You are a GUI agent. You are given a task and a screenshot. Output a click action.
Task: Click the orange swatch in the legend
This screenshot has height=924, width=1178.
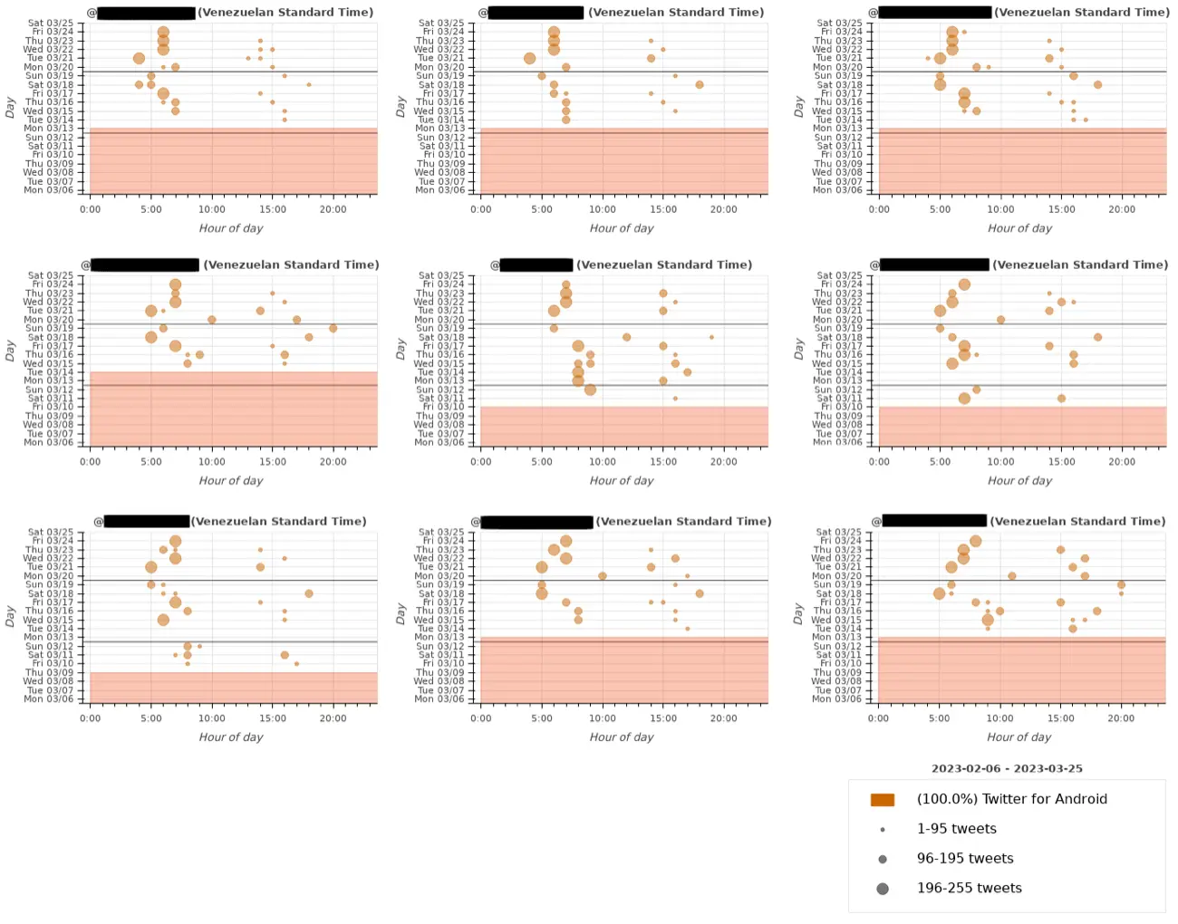tap(882, 800)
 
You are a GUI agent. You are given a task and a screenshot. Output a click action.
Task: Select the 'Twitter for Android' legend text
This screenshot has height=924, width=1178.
tap(1011, 799)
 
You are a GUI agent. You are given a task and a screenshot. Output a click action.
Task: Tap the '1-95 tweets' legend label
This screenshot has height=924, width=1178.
tap(956, 829)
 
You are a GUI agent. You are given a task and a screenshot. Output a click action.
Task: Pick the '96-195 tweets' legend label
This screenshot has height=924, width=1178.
tap(965, 859)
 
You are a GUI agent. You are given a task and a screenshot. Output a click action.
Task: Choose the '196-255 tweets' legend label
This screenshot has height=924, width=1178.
tap(969, 889)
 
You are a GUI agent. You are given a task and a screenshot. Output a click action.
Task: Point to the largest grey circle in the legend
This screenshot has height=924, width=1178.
tap(883, 889)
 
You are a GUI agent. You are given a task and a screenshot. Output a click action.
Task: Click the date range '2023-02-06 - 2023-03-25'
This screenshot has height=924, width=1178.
tap(1007, 768)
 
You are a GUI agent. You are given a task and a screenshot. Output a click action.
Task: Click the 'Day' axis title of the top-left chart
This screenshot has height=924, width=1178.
tap(10, 108)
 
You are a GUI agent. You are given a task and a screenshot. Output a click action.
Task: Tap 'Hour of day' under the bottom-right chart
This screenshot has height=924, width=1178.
tap(1019, 737)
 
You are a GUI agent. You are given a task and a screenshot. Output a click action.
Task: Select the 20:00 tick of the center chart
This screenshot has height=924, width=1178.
tap(724, 461)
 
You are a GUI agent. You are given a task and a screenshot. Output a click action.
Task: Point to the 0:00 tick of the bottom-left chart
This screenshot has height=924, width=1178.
tap(91, 717)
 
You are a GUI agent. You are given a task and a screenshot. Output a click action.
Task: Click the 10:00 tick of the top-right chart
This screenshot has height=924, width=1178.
tap(1000, 209)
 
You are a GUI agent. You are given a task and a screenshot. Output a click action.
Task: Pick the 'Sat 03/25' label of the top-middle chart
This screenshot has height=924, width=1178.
tap(441, 23)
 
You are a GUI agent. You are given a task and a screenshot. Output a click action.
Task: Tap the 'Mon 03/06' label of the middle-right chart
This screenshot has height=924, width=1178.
tap(839, 442)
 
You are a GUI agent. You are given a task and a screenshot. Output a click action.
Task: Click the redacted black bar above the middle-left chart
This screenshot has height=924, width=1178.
tap(145, 265)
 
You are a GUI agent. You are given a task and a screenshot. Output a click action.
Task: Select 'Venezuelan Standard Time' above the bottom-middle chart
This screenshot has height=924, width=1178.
tap(683, 522)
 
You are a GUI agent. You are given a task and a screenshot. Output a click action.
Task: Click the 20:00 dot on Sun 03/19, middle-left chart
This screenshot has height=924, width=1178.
tap(333, 329)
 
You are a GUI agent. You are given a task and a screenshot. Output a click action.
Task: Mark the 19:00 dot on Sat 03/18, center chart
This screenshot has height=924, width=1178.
tap(711, 337)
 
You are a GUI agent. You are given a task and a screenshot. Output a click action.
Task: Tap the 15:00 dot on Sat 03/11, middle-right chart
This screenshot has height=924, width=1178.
tap(1061, 399)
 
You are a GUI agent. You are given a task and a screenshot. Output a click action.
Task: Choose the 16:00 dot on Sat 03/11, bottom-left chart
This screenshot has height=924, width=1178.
tap(285, 655)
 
